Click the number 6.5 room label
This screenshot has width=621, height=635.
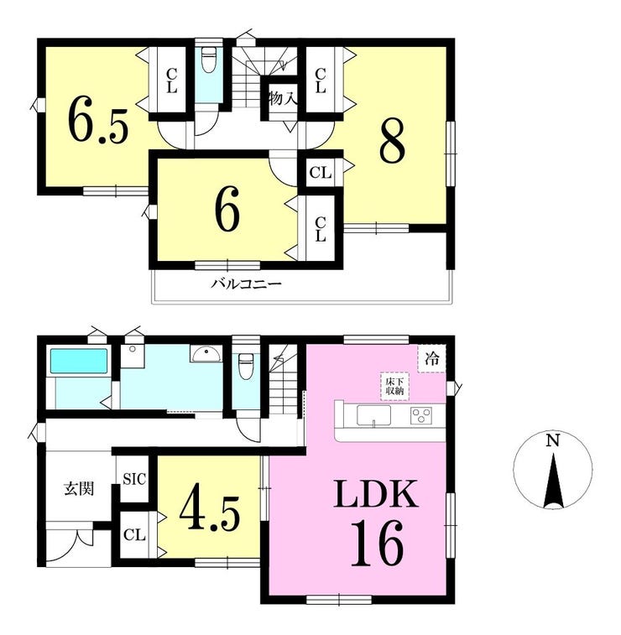pyautogui.click(x=97, y=120)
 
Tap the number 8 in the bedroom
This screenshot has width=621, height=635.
pyautogui.click(x=392, y=141)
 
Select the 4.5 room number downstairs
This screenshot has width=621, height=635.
pyautogui.click(x=210, y=512)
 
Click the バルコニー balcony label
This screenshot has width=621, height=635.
pyautogui.click(x=246, y=284)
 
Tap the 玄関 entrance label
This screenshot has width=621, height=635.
pyautogui.click(x=80, y=489)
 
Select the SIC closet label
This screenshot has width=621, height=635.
pyautogui.click(x=134, y=479)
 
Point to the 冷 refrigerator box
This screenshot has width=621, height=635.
pyautogui.click(x=432, y=358)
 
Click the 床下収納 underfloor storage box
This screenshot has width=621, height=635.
pyautogui.click(x=395, y=387)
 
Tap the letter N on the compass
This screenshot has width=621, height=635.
pyautogui.click(x=552, y=440)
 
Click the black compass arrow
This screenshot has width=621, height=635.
pyautogui.click(x=554, y=481)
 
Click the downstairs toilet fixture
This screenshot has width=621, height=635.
pyautogui.click(x=246, y=366)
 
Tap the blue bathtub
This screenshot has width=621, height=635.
pyautogui.click(x=79, y=361)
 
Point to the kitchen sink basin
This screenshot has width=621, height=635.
pyautogui.click(x=373, y=415)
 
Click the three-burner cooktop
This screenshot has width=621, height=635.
pyautogui.click(x=421, y=416)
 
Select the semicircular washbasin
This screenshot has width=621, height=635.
pyautogui.click(x=206, y=354)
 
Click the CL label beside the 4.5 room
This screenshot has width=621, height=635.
pyautogui.click(x=134, y=535)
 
